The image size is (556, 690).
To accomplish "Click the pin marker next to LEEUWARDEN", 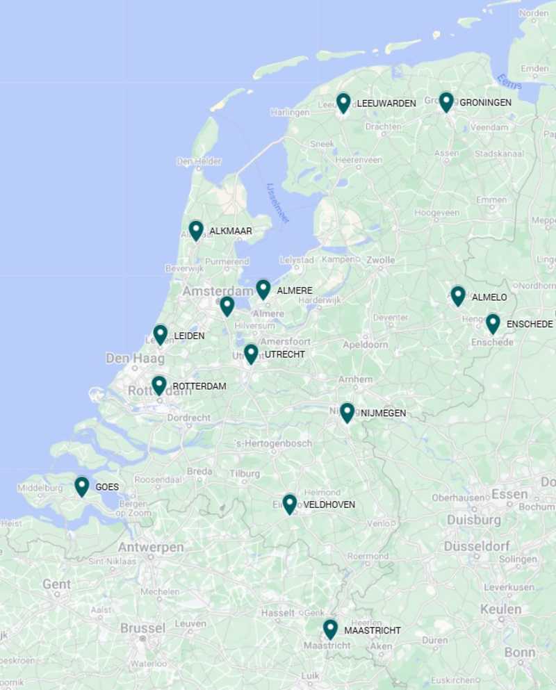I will point(343,102).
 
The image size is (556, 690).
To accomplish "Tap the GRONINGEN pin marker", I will point(446,101).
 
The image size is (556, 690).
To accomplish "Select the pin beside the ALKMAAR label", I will point(196,230).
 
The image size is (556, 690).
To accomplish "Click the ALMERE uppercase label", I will point(295,290).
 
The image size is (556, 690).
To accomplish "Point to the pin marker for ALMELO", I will point(458,295).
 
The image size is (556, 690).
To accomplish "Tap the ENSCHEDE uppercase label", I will point(530,325).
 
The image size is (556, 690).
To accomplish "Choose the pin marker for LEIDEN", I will point(161,334).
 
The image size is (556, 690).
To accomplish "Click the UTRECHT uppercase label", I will point(284,354).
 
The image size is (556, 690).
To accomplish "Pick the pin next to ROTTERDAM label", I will point(159,385).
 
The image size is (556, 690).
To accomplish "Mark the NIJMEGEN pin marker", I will point(347,412).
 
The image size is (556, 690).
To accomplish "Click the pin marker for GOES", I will point(82,486).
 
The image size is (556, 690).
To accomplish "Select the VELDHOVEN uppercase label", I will point(329,505).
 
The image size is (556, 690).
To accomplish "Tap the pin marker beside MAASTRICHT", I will point(330,629).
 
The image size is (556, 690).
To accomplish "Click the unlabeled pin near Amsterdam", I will point(227,306).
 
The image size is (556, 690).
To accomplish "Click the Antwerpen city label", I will point(150,548).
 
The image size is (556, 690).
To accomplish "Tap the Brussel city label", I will point(142,628).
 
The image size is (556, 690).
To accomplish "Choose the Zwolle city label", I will point(381,260).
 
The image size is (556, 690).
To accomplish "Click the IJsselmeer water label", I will point(278,203).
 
